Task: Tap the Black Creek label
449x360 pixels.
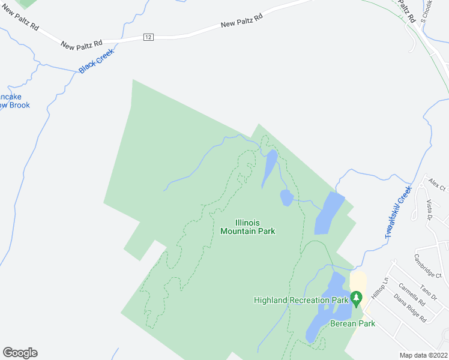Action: [x=96, y=61]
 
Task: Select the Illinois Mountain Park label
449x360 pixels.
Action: [x=248, y=227]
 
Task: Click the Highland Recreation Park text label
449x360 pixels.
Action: [x=301, y=300]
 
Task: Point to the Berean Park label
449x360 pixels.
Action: [x=352, y=323]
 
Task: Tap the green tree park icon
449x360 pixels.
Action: [x=357, y=298]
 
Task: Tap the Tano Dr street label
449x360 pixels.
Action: [x=428, y=289]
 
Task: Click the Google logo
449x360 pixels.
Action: [x=20, y=352]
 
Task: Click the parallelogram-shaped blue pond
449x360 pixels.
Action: [x=330, y=214]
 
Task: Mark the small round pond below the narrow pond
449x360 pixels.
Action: [x=286, y=197]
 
